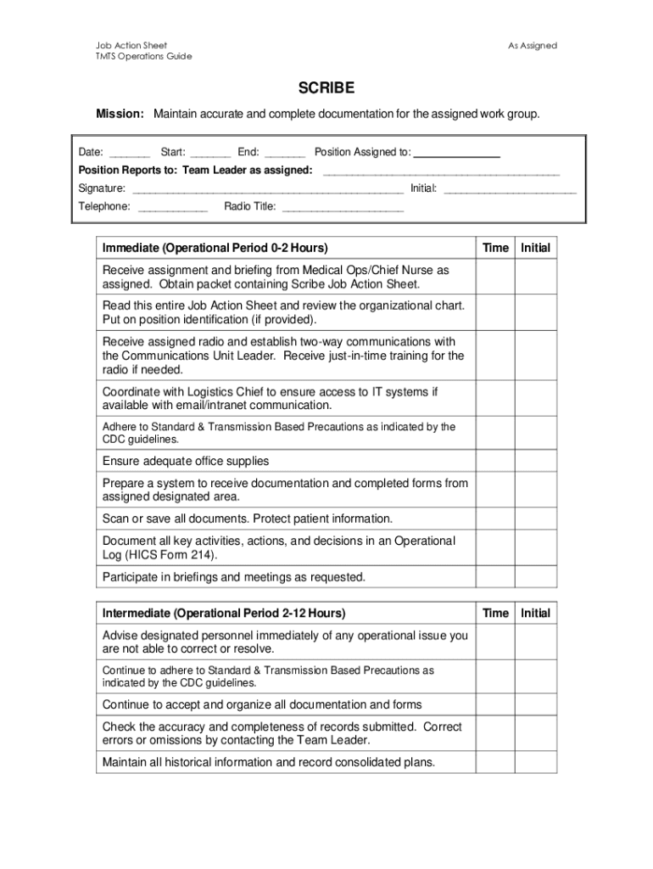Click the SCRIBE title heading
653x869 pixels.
326,88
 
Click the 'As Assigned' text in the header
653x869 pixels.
533,46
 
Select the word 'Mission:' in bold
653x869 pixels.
120,114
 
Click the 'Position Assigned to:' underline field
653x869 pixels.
456,154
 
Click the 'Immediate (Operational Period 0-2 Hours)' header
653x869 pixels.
215,248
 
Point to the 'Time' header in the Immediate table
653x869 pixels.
495,248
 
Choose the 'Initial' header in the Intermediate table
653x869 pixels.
535,613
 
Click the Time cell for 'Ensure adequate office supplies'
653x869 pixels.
495,462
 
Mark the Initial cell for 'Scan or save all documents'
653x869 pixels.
535,519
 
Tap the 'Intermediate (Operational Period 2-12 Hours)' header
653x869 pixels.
224,613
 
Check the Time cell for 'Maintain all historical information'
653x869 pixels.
495,762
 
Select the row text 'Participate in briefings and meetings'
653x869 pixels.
234,577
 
